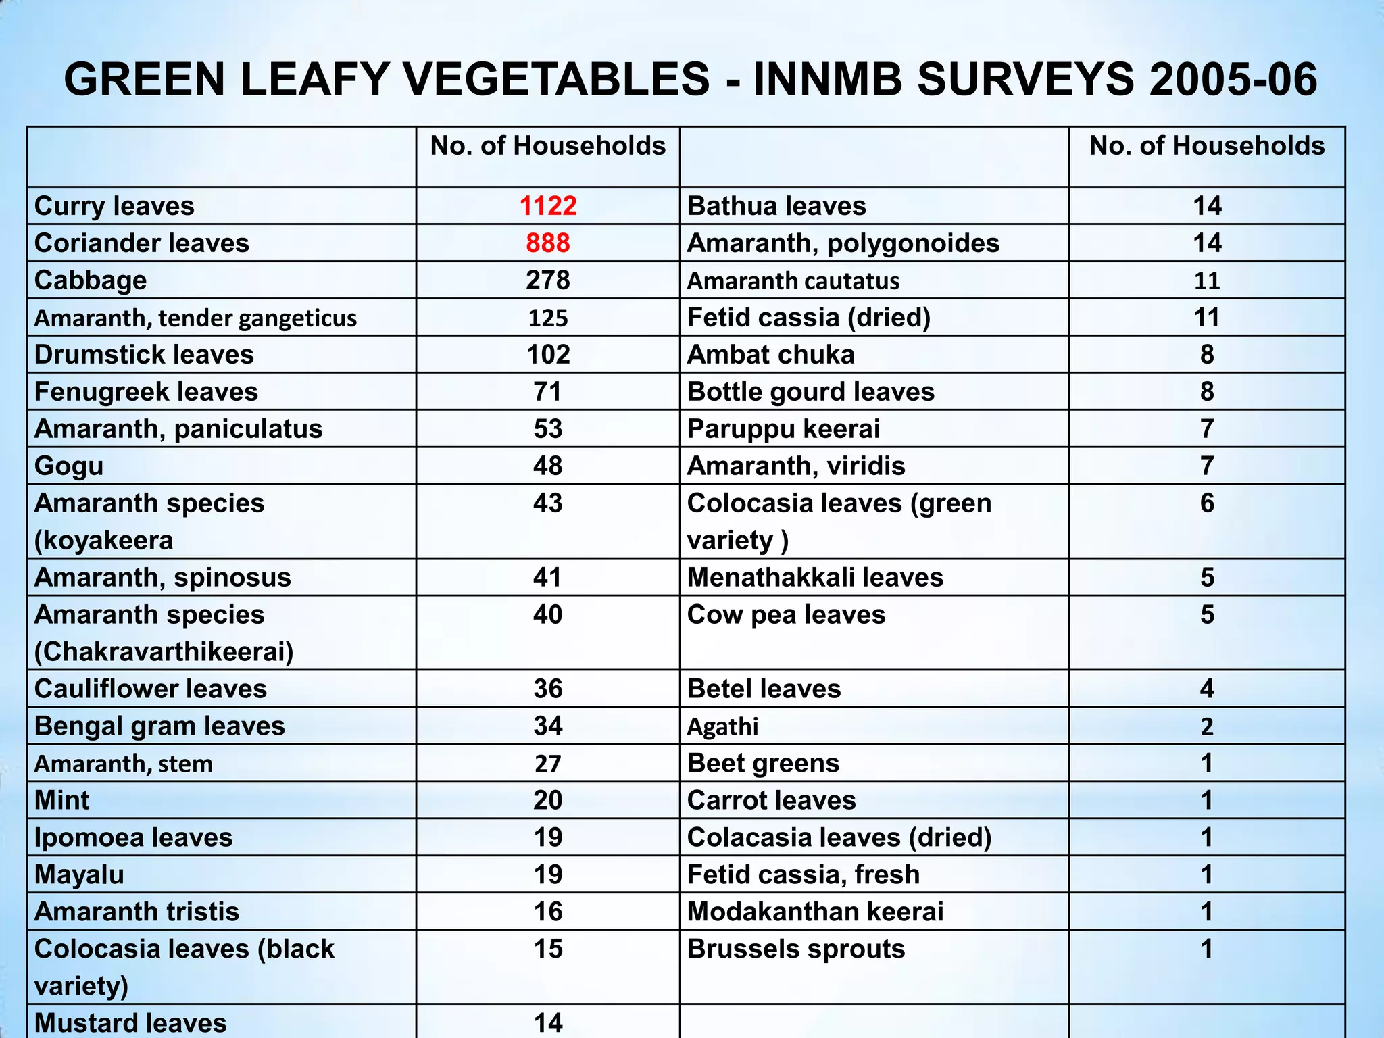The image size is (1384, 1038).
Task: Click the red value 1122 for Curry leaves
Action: [x=548, y=206]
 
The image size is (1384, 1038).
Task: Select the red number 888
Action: [x=548, y=243]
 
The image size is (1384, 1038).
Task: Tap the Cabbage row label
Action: [x=91, y=280]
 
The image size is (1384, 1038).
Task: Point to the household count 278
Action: [x=548, y=280]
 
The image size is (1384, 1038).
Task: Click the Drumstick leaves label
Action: [x=144, y=355]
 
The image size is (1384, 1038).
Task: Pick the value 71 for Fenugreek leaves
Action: [x=548, y=392]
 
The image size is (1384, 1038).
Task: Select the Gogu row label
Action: [x=69, y=466]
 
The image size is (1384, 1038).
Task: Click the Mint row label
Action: [x=61, y=801]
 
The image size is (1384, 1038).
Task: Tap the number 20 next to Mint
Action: [x=548, y=801]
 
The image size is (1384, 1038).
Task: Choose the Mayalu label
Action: [x=79, y=875]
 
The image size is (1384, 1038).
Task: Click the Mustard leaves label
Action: [x=130, y=1022]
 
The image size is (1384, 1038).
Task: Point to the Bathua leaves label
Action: [x=776, y=206]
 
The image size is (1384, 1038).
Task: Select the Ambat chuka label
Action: [x=770, y=355]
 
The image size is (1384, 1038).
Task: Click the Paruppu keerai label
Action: [x=783, y=429]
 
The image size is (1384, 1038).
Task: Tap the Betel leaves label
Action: [x=764, y=689]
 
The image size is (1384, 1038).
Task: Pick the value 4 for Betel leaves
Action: [x=1207, y=689]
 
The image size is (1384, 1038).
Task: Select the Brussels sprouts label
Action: [x=795, y=949]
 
